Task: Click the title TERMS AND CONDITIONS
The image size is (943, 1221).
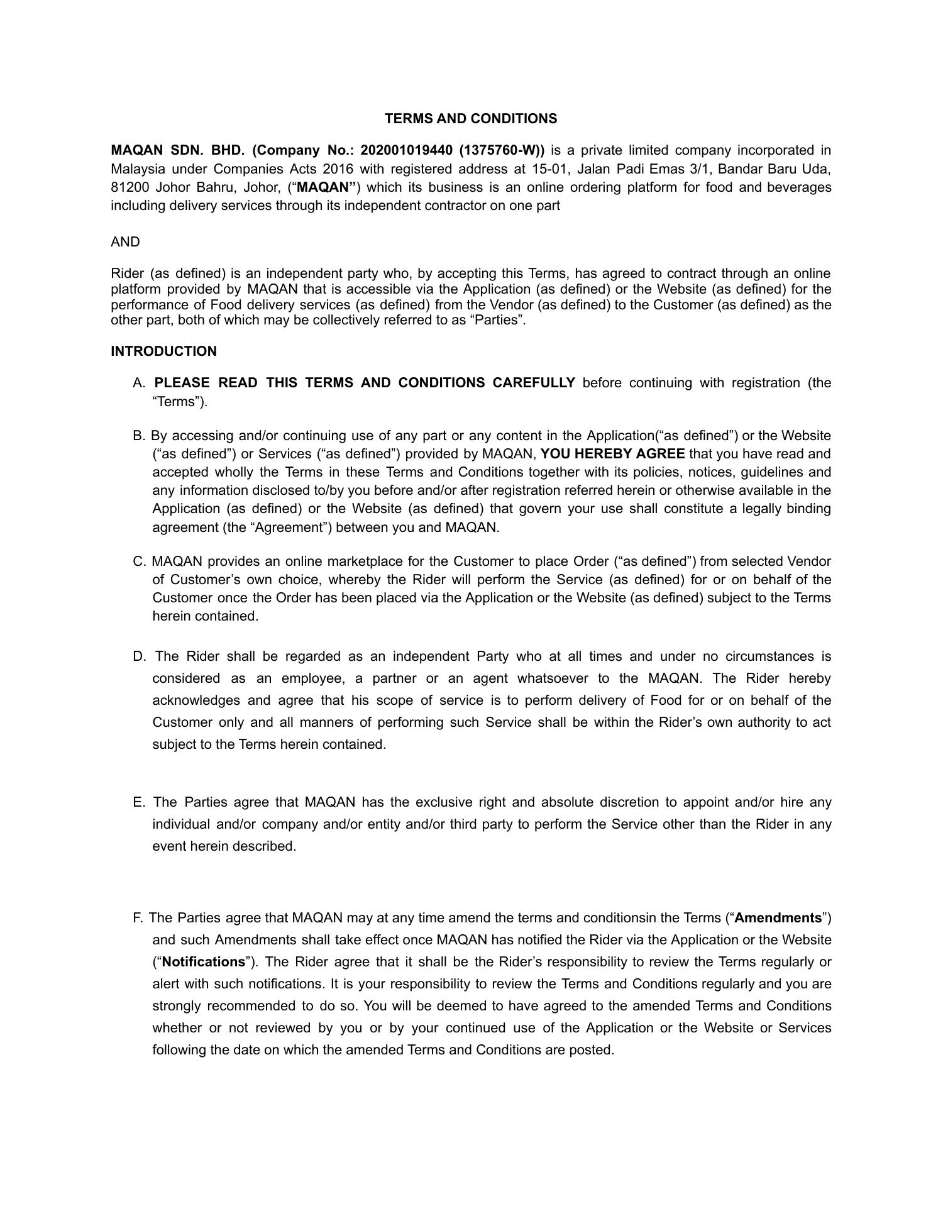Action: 470,119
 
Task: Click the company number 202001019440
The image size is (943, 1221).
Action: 406,150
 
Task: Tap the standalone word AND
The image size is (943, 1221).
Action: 125,242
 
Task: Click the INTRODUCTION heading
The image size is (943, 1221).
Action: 163,351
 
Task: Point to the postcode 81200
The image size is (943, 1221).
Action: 130,187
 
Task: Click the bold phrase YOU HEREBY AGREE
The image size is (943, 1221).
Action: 612,454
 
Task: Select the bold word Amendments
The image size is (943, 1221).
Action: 778,918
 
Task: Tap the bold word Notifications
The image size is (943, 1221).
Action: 203,962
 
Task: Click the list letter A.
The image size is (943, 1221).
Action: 139,383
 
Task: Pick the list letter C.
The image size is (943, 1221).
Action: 139,561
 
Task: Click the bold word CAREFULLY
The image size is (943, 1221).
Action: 534,383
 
